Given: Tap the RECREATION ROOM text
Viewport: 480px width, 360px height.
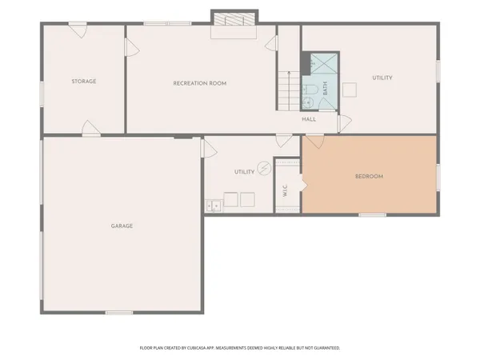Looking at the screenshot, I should click(x=201, y=83).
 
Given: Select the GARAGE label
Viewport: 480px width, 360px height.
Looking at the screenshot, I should click(x=122, y=226).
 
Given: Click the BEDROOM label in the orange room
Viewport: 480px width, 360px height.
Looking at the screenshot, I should click(x=370, y=176).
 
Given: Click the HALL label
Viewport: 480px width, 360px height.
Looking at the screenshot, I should click(x=309, y=119).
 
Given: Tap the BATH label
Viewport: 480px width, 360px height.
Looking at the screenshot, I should click(x=326, y=89).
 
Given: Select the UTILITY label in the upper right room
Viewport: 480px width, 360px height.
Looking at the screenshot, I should click(x=383, y=78).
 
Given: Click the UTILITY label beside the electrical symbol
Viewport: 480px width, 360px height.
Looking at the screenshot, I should click(x=243, y=172).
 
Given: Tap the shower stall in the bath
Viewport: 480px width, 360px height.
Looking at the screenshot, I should click(x=323, y=63).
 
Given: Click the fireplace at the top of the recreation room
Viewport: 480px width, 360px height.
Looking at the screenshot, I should click(x=234, y=18).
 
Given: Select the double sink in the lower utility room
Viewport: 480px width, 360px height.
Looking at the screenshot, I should click(x=213, y=206).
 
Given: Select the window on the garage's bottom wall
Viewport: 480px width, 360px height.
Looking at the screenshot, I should click(x=119, y=312).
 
